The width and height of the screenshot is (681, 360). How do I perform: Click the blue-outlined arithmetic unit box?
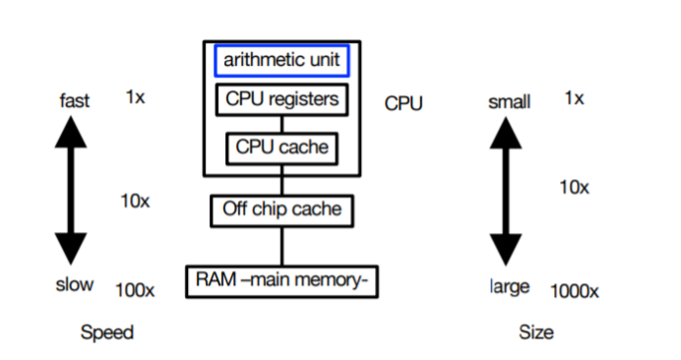coord(280,60)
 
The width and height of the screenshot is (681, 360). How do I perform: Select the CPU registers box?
coord(281,99)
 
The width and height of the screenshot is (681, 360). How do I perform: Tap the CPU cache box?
coord(281,148)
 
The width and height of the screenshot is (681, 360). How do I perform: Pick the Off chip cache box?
coord(281,209)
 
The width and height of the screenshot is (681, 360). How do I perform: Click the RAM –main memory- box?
coord(282,281)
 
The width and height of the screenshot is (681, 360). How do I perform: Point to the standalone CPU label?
coord(403,103)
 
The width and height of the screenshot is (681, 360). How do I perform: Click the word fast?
coord(74,100)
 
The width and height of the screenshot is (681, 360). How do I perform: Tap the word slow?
coord(75,284)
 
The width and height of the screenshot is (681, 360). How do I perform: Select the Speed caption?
coord(106,332)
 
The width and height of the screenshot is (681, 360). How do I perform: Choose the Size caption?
coord(536,332)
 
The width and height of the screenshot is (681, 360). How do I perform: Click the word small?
coord(510,102)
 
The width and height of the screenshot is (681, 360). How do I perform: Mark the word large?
coord(509,286)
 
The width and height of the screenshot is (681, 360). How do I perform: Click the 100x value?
coord(134,289)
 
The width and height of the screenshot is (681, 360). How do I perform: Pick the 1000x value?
coord(576,290)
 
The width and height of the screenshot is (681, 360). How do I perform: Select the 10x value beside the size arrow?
coord(574,187)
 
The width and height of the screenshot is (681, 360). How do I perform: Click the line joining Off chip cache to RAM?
coord(281,243)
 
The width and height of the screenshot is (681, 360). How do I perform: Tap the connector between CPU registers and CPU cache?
coord(281,124)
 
